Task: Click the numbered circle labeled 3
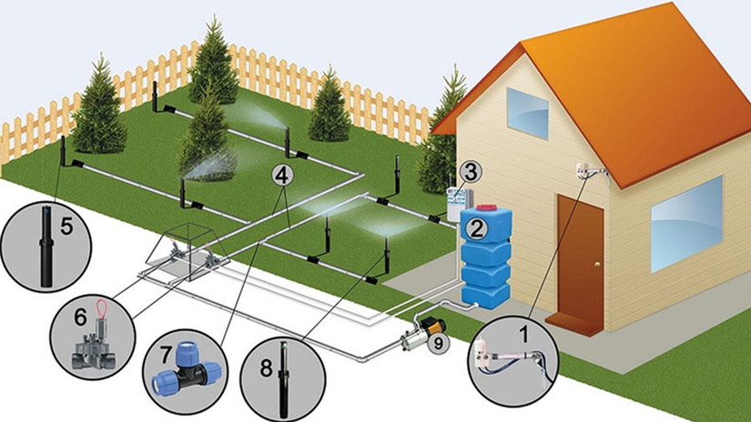click(x=471, y=172)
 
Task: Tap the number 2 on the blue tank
click(x=477, y=229)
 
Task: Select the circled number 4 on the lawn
click(x=282, y=176)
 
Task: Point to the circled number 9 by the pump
click(x=436, y=343)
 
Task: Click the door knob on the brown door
click(x=597, y=263)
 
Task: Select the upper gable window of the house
click(x=528, y=114)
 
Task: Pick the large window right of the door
click(x=685, y=224)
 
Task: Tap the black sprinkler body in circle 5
click(x=46, y=246)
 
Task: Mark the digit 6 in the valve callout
click(x=80, y=316)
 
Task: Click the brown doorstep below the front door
click(x=573, y=321)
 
